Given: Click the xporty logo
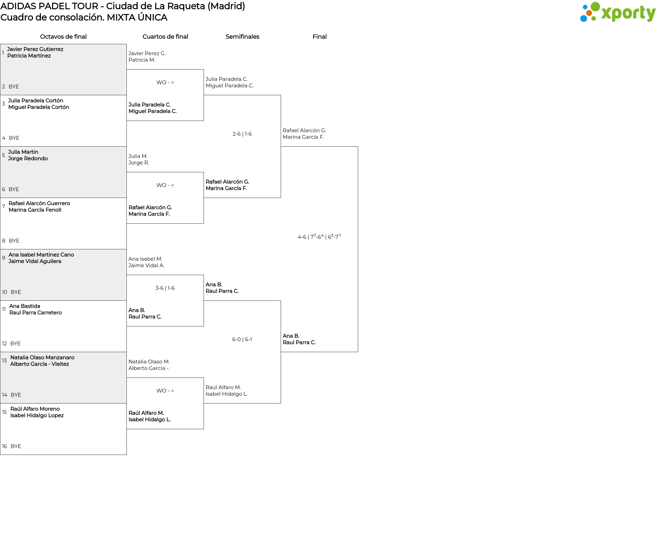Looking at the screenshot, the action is pos(618,12).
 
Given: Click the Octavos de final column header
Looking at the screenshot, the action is pos(63,37).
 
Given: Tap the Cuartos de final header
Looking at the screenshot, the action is pos(165,37).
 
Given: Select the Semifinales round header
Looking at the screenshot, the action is pos(242,37).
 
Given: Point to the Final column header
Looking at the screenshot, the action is pos(319,37).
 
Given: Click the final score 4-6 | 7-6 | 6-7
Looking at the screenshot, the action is pos(319,237).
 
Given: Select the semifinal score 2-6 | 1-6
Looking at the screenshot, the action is pos(242,134).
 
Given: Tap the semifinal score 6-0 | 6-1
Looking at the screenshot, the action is pos(242,339).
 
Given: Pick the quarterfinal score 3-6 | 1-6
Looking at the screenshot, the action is pos(165,288).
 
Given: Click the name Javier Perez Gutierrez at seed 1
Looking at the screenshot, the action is pos(35,49).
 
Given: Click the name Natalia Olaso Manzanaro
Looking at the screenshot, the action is pos(42,358).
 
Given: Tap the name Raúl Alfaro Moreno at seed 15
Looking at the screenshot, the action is pos(35,409).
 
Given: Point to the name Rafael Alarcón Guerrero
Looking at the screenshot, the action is pos(39,203).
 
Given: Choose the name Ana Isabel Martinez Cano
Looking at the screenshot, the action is pos(41,255).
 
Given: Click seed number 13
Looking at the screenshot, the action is pos(4,361).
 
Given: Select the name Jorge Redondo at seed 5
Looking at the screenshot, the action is pos(28,159).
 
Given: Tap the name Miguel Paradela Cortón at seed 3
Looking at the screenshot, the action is pos(39,107).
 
